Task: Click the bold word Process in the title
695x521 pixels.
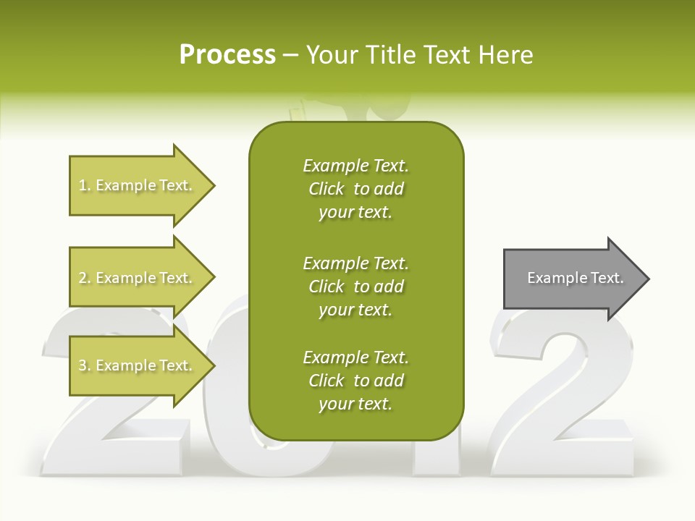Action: [x=227, y=55]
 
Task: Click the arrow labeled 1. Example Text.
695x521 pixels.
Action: [x=138, y=186]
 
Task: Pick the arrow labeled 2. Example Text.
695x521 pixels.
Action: [x=138, y=278]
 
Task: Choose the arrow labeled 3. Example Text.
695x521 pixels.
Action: [x=138, y=366]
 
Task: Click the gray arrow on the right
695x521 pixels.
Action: [x=572, y=279]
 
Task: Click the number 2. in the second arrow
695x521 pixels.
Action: [x=84, y=278]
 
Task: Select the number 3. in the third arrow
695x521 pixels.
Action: [x=84, y=366]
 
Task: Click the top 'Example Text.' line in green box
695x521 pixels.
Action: [x=355, y=166]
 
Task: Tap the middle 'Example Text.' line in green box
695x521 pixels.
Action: [x=355, y=263]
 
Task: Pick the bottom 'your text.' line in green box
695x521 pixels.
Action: [x=355, y=404]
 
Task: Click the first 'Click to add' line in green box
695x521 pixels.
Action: [x=355, y=189]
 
